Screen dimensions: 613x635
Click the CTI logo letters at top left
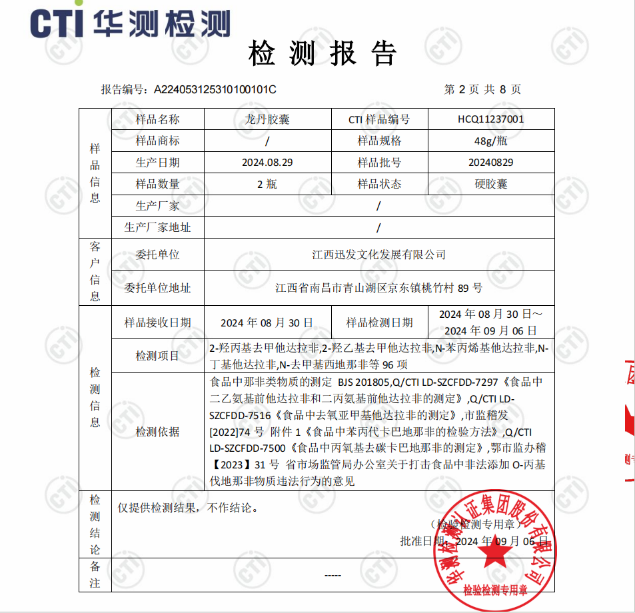[57, 23]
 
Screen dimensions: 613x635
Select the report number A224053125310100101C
[215, 89]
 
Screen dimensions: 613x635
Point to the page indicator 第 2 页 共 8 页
[482, 89]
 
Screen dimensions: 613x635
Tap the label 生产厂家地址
[157, 227]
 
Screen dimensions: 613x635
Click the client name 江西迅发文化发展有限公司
[378, 255]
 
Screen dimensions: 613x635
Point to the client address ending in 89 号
[378, 289]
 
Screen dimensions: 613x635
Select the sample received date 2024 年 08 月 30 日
[267, 322]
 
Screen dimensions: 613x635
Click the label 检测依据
[157, 432]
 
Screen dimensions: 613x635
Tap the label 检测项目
[157, 356]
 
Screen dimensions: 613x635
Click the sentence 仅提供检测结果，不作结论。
[187, 508]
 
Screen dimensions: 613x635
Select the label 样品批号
[379, 163]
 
